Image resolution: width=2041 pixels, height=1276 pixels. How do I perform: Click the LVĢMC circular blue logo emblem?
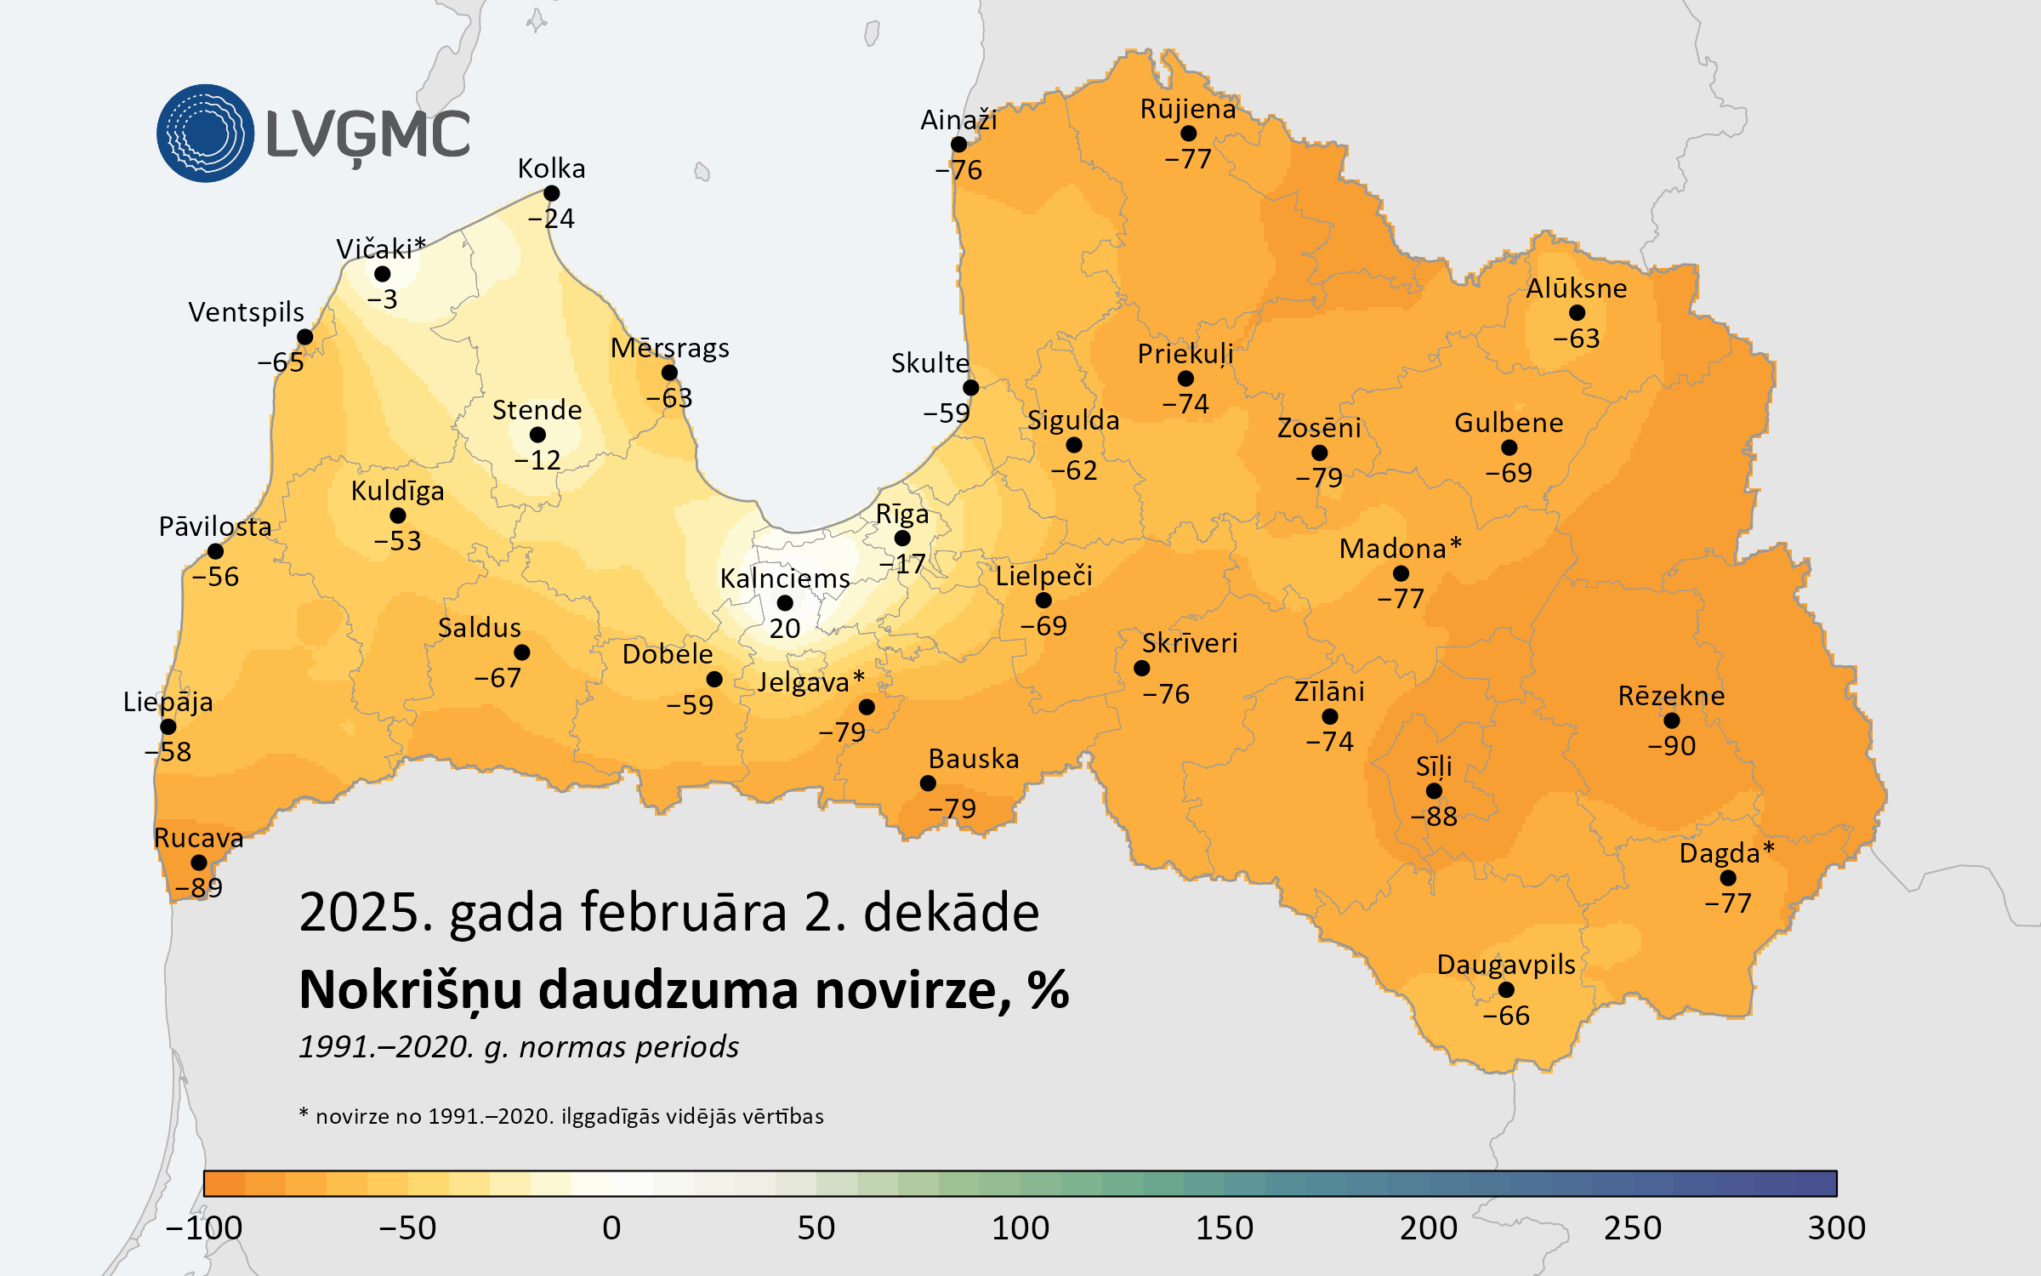(205, 134)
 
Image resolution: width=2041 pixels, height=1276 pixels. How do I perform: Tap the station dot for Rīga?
(902, 538)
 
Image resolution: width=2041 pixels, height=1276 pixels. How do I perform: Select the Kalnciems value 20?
(784, 629)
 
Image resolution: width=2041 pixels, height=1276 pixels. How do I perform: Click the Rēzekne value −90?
(1671, 746)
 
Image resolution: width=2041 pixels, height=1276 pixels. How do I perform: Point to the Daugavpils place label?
(1505, 965)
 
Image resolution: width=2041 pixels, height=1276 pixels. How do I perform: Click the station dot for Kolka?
(551, 194)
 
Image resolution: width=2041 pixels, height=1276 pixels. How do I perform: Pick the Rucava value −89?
(199, 888)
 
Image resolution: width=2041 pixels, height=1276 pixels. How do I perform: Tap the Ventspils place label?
(246, 312)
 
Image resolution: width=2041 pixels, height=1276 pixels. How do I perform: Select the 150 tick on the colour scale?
(1224, 1228)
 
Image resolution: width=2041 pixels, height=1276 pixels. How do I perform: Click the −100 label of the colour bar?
(204, 1228)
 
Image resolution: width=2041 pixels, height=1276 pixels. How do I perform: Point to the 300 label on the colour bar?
(1836, 1228)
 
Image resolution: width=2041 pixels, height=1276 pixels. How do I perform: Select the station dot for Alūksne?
(1577, 313)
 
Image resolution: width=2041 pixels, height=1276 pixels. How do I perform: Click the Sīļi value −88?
(1434, 817)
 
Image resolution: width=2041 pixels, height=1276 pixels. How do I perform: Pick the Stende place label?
(537, 410)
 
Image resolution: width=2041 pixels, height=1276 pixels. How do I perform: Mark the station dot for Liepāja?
(168, 726)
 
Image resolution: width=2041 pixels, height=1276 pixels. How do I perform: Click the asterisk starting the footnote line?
(304, 1113)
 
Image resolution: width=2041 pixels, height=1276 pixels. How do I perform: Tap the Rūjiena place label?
(1187, 109)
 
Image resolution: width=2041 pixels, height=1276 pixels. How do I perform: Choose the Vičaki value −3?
(382, 299)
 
